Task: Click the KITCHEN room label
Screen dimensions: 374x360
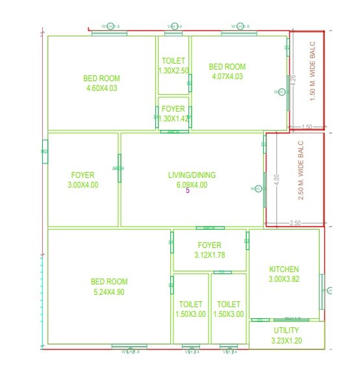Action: click(284, 269)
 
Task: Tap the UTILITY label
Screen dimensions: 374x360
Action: click(286, 330)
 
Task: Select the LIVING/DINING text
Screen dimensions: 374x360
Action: click(192, 175)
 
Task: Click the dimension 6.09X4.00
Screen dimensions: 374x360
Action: click(192, 184)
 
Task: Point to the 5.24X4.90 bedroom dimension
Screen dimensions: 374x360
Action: click(109, 292)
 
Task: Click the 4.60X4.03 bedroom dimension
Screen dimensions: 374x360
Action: click(101, 88)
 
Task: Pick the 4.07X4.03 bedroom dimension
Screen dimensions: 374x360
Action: click(227, 76)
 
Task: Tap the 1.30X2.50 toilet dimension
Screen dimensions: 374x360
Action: click(173, 71)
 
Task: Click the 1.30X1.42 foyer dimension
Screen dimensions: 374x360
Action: click(173, 119)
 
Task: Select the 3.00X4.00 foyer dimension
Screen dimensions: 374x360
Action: click(83, 185)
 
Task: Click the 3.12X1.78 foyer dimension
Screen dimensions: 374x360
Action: click(209, 255)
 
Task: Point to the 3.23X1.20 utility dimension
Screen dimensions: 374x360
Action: click(286, 340)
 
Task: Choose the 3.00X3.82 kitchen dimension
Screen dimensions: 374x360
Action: click(284, 279)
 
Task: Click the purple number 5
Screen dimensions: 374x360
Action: click(188, 191)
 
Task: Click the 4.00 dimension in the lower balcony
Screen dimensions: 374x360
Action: click(277, 178)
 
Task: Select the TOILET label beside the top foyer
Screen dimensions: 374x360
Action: click(173, 61)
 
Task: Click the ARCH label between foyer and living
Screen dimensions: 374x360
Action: click(118, 168)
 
